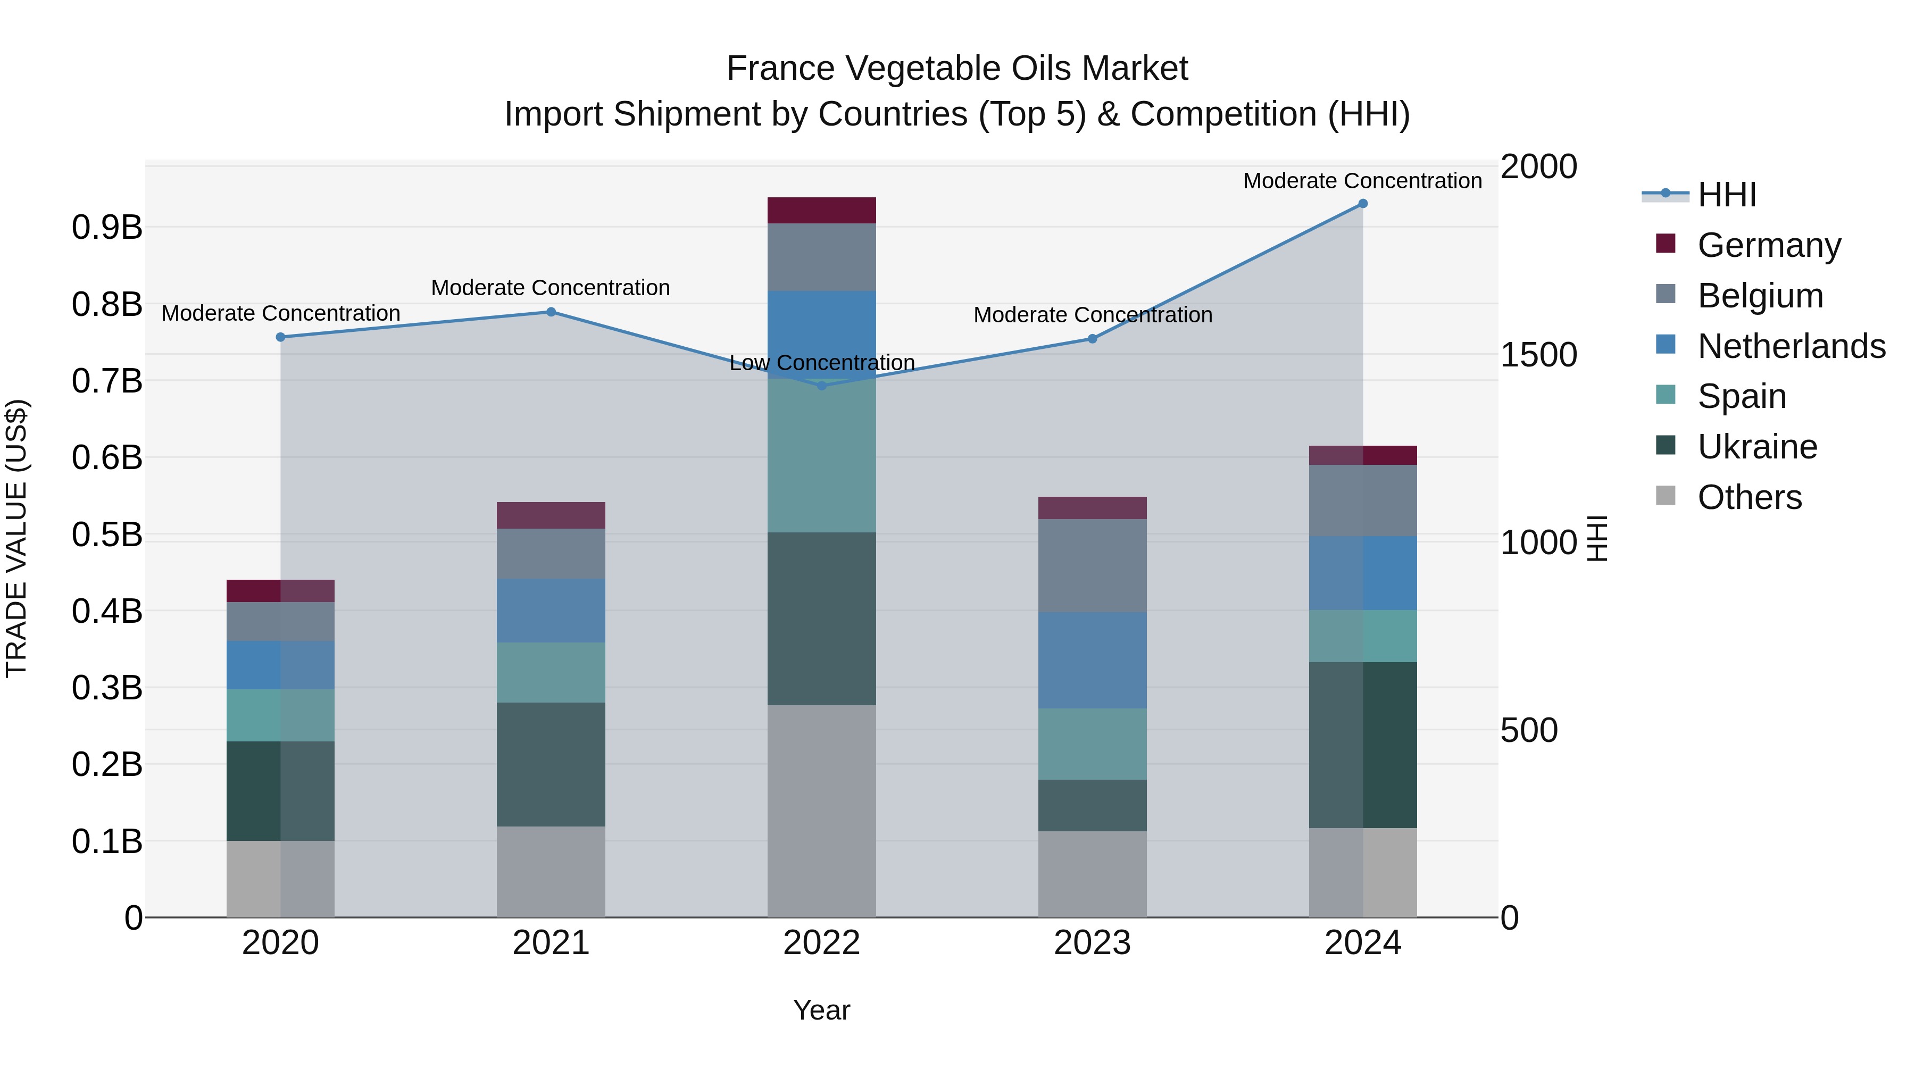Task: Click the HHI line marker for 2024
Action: click(1363, 204)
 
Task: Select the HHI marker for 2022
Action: click(821, 386)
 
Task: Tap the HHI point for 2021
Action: click(551, 312)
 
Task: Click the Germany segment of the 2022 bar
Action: click(821, 210)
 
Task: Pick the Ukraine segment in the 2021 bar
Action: click(551, 764)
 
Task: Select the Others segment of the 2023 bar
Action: click(1092, 874)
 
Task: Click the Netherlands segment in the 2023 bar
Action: click(1092, 660)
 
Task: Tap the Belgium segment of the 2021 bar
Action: click(551, 554)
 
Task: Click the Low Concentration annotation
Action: click(821, 363)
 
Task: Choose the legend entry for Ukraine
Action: click(1756, 447)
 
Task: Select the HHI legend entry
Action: click(1726, 195)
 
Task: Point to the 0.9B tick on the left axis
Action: click(107, 228)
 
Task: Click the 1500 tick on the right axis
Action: click(1538, 355)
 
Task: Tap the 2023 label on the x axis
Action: click(1092, 943)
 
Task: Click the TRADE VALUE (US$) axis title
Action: click(17, 538)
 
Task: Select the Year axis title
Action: click(821, 1010)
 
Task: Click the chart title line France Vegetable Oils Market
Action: click(957, 69)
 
